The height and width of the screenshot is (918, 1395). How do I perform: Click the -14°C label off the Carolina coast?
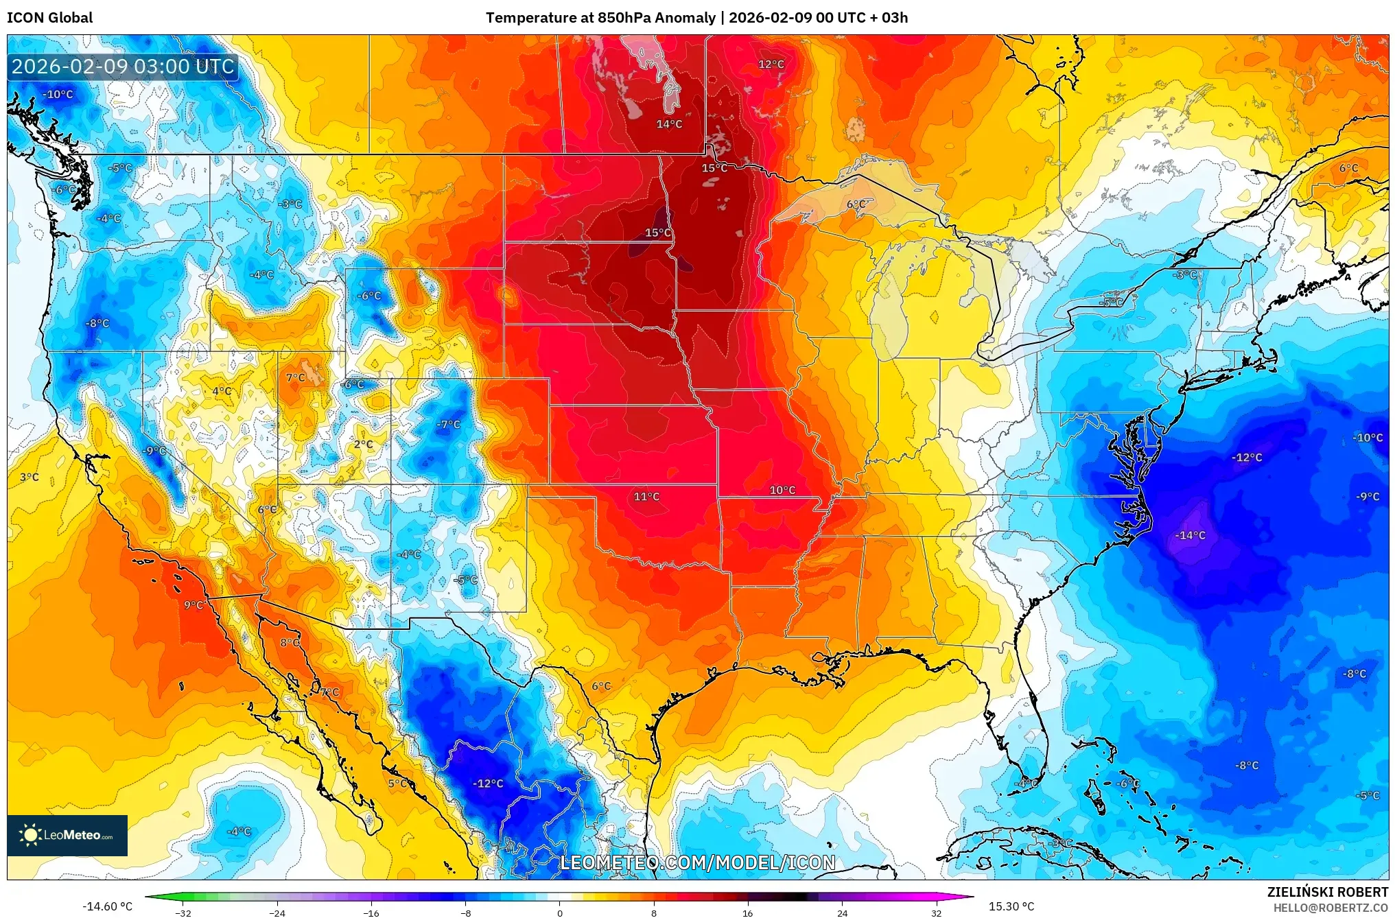click(1191, 535)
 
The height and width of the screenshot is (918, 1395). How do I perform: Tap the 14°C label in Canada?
click(669, 124)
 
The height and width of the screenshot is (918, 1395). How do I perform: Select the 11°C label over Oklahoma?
click(646, 497)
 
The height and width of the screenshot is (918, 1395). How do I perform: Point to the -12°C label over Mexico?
click(488, 784)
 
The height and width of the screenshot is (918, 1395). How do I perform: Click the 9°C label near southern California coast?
click(194, 605)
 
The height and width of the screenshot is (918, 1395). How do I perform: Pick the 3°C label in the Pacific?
click(30, 477)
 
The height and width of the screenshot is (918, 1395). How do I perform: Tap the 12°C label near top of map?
click(771, 64)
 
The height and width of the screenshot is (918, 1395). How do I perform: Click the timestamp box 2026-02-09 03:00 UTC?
click(124, 67)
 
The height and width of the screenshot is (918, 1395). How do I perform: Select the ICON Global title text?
click(49, 18)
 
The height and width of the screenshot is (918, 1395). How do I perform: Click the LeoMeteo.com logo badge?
click(67, 835)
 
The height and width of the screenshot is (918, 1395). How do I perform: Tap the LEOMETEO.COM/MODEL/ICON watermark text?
click(698, 863)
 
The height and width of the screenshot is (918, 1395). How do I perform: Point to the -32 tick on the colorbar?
click(183, 913)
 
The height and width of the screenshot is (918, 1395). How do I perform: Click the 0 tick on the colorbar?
click(560, 913)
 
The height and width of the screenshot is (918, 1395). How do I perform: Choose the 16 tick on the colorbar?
click(748, 913)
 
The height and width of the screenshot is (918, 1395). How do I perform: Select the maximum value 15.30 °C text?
click(1011, 906)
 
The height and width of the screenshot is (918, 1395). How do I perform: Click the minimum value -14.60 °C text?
click(107, 906)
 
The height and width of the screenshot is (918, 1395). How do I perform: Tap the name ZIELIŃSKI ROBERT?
click(1327, 892)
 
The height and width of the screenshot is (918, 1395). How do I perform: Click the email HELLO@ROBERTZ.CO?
click(1330, 908)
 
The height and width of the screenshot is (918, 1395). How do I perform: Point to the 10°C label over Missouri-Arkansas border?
click(782, 490)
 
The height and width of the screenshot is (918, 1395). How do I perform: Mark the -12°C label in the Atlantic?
click(1247, 458)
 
